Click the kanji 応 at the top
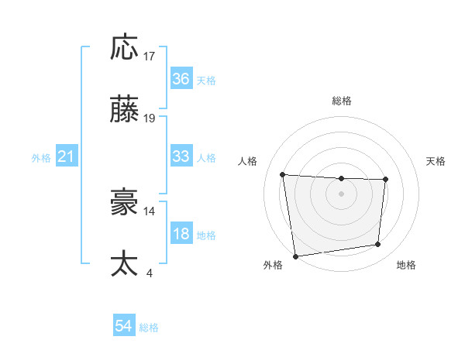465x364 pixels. pyautogui.click(x=125, y=48)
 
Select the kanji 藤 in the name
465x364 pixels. pyautogui.click(x=125, y=111)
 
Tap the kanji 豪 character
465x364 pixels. pyautogui.click(x=125, y=202)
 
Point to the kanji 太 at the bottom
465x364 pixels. pyautogui.click(x=125, y=263)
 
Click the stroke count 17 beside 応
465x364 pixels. pyautogui.click(x=150, y=57)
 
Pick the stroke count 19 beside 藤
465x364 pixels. pyautogui.click(x=150, y=118)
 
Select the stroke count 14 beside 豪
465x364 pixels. pyautogui.click(x=150, y=210)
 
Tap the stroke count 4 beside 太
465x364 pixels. pyautogui.click(x=149, y=272)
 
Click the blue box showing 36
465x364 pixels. pyautogui.click(x=181, y=79)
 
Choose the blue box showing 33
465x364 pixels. pyautogui.click(x=181, y=156)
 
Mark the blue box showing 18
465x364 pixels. pyautogui.click(x=181, y=234)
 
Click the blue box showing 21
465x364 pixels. pyautogui.click(x=66, y=156)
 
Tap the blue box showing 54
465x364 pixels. pyautogui.click(x=123, y=327)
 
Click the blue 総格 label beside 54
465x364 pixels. pyautogui.click(x=149, y=328)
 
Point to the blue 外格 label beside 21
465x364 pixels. pyautogui.click(x=41, y=157)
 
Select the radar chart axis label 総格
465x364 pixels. pyautogui.click(x=342, y=101)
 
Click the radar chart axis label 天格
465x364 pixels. pyautogui.click(x=436, y=161)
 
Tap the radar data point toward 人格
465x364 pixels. pyautogui.click(x=283, y=174)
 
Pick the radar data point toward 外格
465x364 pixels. pyautogui.click(x=295, y=256)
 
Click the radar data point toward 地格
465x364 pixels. pyautogui.click(x=378, y=245)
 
